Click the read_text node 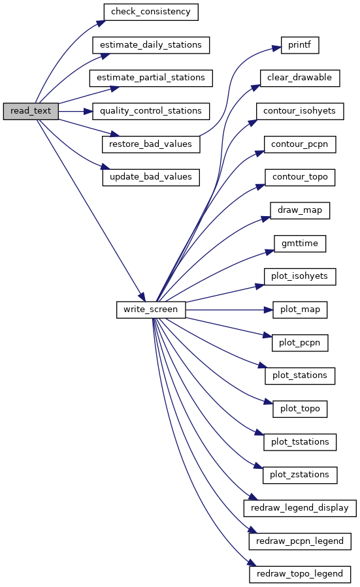point(31,111)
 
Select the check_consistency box point(150,12)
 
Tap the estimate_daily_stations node point(151,45)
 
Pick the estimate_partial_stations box point(151,78)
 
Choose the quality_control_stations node point(151,111)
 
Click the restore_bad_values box point(151,144)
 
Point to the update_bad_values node point(151,177)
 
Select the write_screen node point(151,309)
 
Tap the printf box point(300,45)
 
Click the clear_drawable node point(300,78)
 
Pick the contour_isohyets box point(300,111)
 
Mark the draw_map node point(300,210)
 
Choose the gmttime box point(300,244)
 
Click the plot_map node point(300,309)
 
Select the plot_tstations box point(300,442)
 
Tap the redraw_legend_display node point(300,508)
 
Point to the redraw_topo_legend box point(300,574)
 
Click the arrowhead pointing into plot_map point(269,310)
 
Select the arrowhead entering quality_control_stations point(88,111)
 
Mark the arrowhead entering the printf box point(276,48)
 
